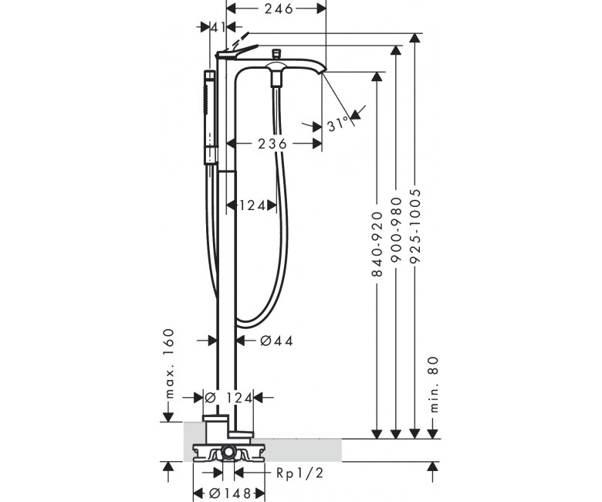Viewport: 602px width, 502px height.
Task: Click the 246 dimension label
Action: [x=279, y=8]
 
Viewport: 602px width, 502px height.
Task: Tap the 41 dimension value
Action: [x=218, y=27]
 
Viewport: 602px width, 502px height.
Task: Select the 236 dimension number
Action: [x=272, y=144]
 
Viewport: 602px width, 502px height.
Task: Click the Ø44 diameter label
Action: [x=276, y=341]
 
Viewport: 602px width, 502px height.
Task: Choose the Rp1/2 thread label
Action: [x=300, y=473]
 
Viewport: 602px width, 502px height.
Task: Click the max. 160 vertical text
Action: [x=168, y=363]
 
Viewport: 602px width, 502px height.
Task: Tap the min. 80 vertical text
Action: [x=433, y=385]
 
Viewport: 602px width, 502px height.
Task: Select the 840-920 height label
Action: [x=377, y=244]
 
